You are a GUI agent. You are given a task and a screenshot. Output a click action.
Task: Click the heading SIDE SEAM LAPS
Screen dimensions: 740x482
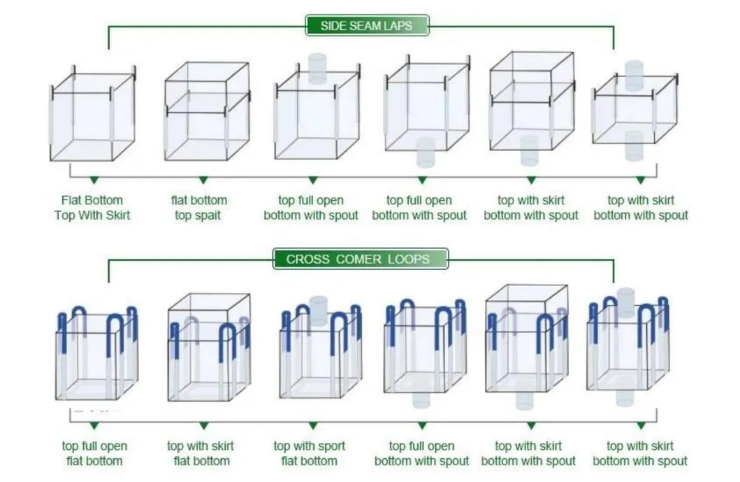[x=366, y=25]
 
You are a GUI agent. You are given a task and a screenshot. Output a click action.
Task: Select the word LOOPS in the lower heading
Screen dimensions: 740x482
[x=409, y=259]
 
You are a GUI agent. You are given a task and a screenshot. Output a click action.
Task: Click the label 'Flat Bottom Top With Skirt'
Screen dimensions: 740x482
[x=92, y=208]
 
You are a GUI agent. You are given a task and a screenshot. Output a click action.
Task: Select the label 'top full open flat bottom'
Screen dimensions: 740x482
[x=94, y=453]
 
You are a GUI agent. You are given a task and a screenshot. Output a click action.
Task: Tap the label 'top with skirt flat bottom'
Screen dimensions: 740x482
[x=201, y=453]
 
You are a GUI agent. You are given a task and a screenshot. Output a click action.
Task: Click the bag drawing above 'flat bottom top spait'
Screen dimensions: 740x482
[x=207, y=111]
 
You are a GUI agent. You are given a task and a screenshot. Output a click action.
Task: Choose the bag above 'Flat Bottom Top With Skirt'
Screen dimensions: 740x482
[x=92, y=113]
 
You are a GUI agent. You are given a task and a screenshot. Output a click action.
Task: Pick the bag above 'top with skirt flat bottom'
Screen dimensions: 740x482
[x=209, y=348]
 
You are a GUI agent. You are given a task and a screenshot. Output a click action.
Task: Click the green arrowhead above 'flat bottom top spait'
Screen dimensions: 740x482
[x=203, y=180]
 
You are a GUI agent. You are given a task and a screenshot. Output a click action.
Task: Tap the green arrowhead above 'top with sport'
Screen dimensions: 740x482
[x=313, y=426]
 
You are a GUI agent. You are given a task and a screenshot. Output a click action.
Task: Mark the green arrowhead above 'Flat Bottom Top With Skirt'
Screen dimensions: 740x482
[x=94, y=180]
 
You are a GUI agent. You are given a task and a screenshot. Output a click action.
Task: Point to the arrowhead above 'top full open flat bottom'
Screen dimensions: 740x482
[x=94, y=426]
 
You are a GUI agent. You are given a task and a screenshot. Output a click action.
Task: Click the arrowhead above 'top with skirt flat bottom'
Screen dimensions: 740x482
[x=203, y=426]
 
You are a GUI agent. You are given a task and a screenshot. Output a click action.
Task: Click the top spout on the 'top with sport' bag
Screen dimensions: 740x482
[x=319, y=311]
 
